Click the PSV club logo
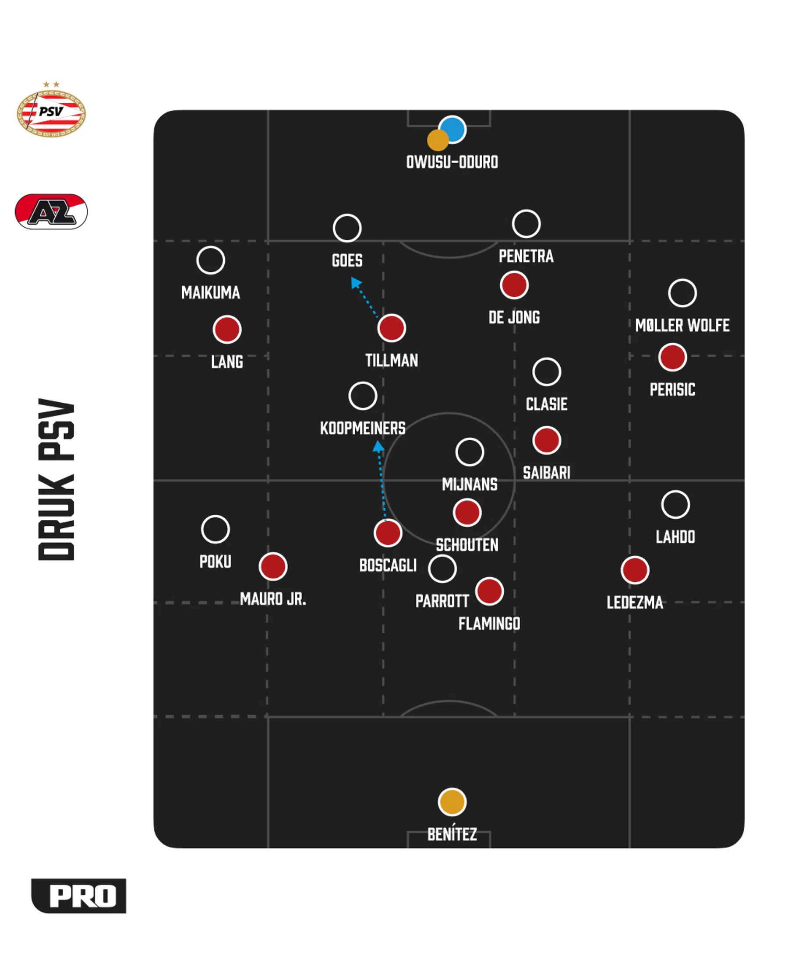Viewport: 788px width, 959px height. point(51,110)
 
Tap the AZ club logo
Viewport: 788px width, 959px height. point(51,211)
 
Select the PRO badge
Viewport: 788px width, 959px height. point(78,896)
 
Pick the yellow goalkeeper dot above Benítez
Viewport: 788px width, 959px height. point(452,801)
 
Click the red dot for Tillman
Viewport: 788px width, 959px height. point(391,328)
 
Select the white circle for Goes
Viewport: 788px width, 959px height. point(347,228)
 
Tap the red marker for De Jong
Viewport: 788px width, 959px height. point(514,285)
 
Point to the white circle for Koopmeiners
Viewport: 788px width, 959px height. point(363,396)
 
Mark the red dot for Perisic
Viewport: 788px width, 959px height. point(672,357)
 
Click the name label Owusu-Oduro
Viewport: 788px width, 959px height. point(452,162)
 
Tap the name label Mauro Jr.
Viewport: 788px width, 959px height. point(273,599)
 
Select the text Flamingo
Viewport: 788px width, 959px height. point(489,623)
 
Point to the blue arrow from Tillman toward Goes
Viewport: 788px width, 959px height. point(364,297)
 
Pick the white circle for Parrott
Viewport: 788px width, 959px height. point(442,568)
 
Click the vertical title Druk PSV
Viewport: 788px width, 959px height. point(56,480)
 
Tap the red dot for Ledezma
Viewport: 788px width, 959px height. point(635,570)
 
